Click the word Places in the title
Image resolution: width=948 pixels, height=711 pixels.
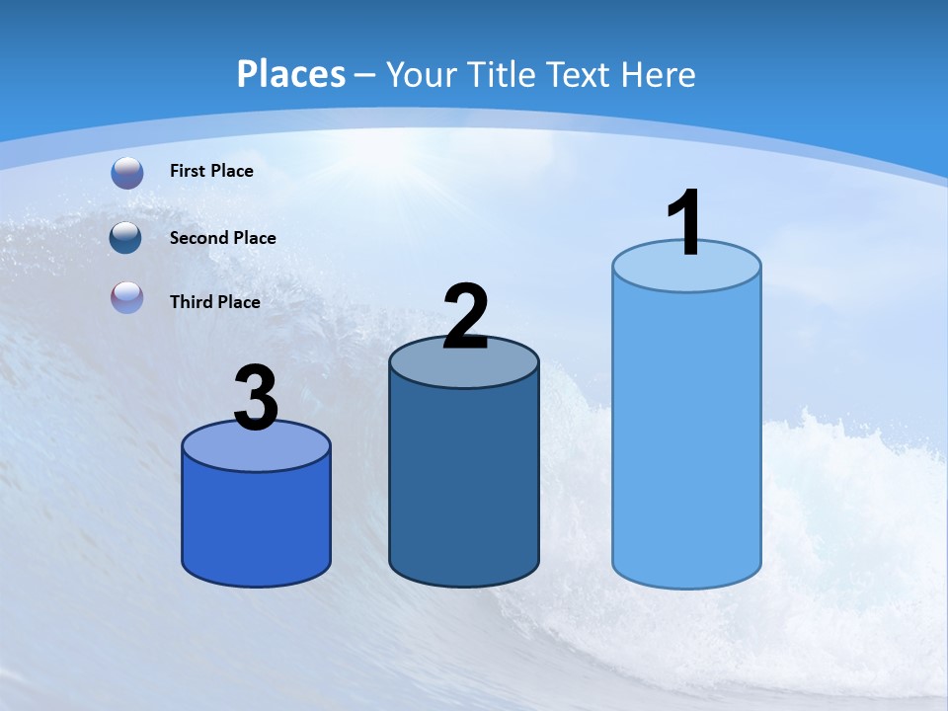[291, 74]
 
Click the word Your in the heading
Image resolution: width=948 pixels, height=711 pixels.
[422, 74]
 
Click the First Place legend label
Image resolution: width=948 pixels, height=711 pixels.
[211, 171]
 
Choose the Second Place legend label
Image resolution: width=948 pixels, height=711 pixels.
[222, 238]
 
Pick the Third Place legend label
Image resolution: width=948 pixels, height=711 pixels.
[214, 302]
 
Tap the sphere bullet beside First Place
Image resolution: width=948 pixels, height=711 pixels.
[127, 173]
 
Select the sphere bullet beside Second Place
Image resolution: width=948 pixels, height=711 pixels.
[126, 238]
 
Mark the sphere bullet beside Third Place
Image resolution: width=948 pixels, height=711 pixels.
[127, 297]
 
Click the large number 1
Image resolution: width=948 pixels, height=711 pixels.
[684, 223]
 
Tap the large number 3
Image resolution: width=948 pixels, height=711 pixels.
[256, 398]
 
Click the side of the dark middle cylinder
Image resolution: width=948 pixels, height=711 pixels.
[464, 484]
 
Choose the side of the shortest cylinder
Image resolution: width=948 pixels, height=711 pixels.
[256, 523]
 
